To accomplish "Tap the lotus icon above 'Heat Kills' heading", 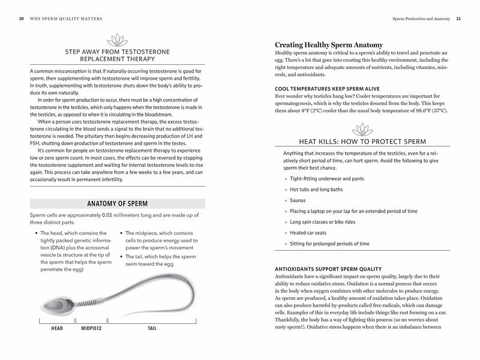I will [362, 129].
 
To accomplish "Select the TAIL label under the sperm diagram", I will [154, 329].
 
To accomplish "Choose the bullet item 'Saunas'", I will [298, 200].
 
